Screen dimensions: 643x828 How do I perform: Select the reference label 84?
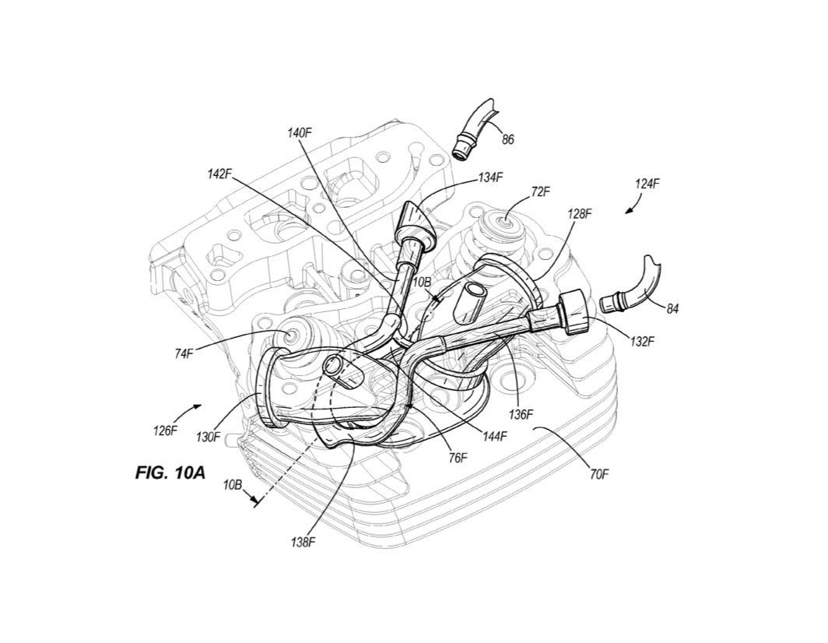[672, 309]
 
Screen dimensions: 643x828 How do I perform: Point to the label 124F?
[647, 184]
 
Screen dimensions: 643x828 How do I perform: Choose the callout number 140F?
[300, 133]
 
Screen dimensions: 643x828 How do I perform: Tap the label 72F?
[541, 190]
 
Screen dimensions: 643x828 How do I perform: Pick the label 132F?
[643, 341]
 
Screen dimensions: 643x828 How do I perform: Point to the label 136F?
[521, 414]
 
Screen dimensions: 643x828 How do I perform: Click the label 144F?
[494, 437]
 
